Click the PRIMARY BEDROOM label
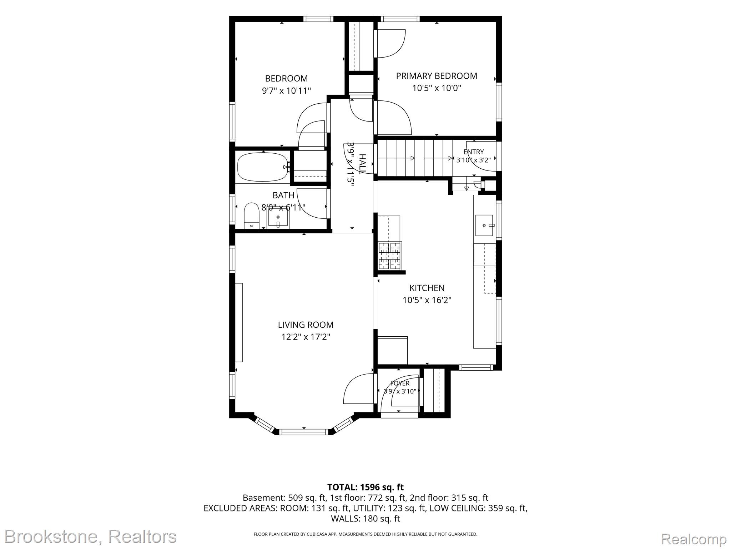click(436, 76)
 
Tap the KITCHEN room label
click(427, 288)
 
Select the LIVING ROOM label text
click(306, 325)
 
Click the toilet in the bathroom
click(251, 216)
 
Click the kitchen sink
click(484, 226)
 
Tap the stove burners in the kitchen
click(390, 256)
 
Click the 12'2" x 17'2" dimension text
click(306, 337)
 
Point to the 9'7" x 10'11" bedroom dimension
click(286, 90)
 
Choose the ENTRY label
click(474, 152)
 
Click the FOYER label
click(400, 383)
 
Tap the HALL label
click(362, 164)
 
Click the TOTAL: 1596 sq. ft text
click(365, 487)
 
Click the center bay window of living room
click(304, 432)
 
